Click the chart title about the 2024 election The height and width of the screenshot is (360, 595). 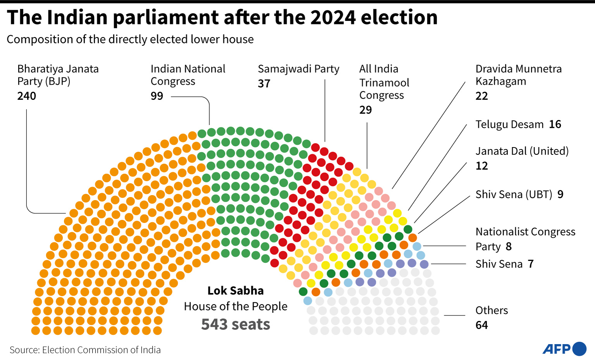[222, 17]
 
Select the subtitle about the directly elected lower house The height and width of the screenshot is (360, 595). [130, 39]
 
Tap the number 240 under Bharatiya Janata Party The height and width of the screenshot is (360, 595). [27, 96]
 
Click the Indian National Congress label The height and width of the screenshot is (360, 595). [188, 75]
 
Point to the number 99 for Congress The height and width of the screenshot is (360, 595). [157, 96]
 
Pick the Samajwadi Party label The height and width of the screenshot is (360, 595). [298, 69]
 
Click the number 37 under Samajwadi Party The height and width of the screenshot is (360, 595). [264, 84]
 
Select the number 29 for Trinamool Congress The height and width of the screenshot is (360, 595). [366, 110]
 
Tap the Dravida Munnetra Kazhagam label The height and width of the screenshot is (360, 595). [518, 75]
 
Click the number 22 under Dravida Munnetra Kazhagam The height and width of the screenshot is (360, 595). [482, 96]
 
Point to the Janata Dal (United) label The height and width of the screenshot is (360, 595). [522, 151]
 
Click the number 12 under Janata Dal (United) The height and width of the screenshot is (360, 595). [482, 166]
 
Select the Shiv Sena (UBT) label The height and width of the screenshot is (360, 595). [514, 194]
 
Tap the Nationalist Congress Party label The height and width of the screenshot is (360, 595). [525, 238]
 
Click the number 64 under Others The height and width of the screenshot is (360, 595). [482, 325]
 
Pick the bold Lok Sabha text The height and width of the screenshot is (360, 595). [236, 291]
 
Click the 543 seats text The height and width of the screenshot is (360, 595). [236, 324]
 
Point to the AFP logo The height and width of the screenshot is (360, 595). [564, 349]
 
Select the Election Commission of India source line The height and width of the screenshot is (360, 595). [85, 350]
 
